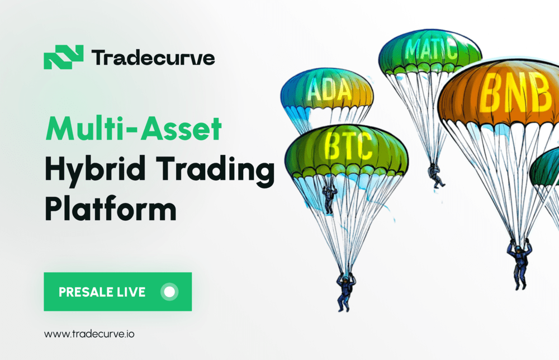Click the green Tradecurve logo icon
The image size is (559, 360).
pyautogui.click(x=63, y=57)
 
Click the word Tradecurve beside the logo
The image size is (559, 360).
pyautogui.click(x=153, y=58)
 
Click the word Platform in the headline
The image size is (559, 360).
pyautogui.click(x=110, y=210)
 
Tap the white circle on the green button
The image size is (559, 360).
pyautogui.click(x=169, y=291)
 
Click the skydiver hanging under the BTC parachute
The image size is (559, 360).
pyautogui.click(x=345, y=291)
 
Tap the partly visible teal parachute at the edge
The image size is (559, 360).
pyautogui.click(x=547, y=168)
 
